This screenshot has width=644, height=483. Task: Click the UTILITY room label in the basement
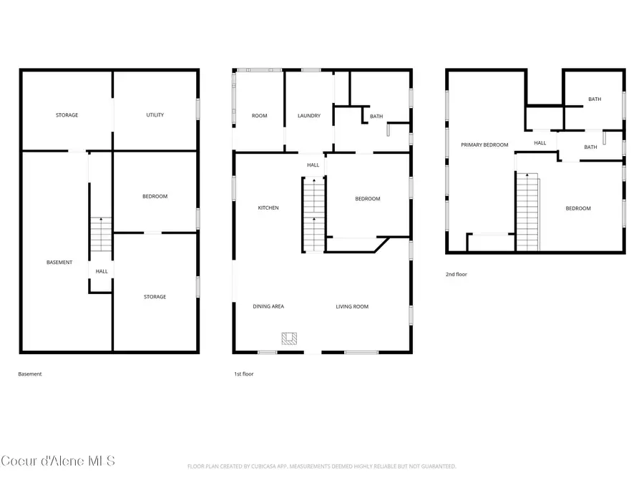pyautogui.click(x=155, y=115)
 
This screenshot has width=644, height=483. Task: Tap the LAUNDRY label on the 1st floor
pyautogui.click(x=309, y=116)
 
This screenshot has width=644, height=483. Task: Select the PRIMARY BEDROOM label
pyautogui.click(x=484, y=145)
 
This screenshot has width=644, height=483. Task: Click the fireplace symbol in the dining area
pyautogui.click(x=289, y=338)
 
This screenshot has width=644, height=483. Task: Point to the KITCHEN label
pyautogui.click(x=268, y=208)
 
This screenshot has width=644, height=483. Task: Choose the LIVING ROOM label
pyautogui.click(x=352, y=307)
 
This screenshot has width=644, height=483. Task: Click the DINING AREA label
pyautogui.click(x=268, y=307)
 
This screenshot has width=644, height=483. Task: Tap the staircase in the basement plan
pyautogui.click(x=101, y=235)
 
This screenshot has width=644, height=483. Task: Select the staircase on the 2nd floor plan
pyautogui.click(x=527, y=212)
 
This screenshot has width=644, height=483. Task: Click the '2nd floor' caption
pyautogui.click(x=456, y=274)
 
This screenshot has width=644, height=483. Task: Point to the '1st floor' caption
pyautogui.click(x=243, y=374)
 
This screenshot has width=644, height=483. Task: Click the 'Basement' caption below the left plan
pyautogui.click(x=30, y=374)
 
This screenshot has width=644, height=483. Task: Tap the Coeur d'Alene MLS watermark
pyautogui.click(x=58, y=461)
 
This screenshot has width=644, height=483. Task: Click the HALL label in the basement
pyautogui.click(x=102, y=272)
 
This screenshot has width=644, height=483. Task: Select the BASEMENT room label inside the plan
pyautogui.click(x=59, y=263)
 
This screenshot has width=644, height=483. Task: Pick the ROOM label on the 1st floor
pyautogui.click(x=259, y=116)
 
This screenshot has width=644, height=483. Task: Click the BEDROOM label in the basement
pyautogui.click(x=155, y=197)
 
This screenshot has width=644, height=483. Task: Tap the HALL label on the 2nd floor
pyautogui.click(x=540, y=143)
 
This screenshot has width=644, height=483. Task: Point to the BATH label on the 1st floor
pyautogui.click(x=376, y=117)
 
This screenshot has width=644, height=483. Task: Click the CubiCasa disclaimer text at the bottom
pyautogui.click(x=321, y=467)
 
